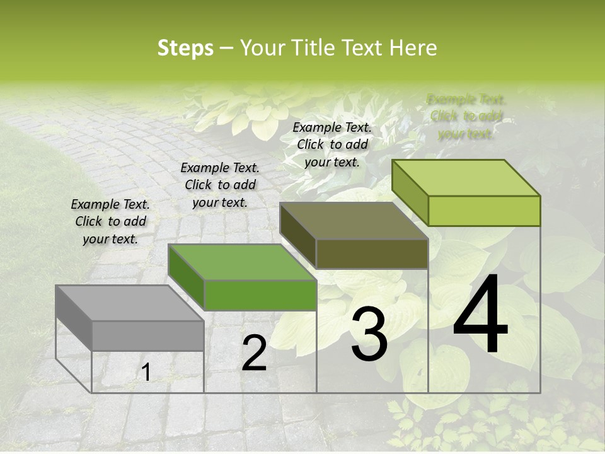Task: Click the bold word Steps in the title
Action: coord(185,48)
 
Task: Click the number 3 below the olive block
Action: coord(369,335)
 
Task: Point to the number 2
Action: coord(254,354)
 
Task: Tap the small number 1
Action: coord(146,373)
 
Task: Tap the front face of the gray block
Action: coord(147,335)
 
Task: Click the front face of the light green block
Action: coord(484,211)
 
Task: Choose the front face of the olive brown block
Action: coord(372,253)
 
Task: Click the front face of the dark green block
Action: coord(260,296)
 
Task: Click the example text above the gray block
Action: coord(110,221)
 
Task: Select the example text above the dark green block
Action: coord(220,185)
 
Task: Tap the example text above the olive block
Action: coord(332,144)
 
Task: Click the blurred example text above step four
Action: coord(466,117)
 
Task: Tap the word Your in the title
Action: coord(262,48)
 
